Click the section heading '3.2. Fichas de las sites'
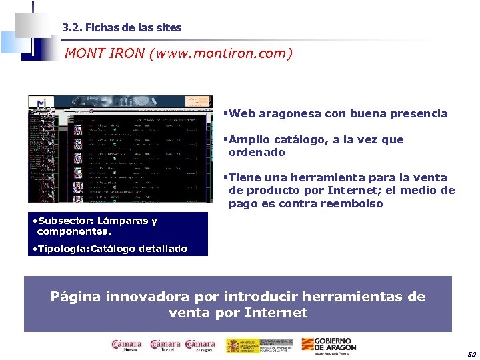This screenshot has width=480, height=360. coord(121,28)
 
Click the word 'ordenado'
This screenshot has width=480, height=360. coord(257,153)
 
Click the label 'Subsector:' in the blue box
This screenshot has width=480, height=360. coord(65,221)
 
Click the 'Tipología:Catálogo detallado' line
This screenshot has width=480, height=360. coord(111,249)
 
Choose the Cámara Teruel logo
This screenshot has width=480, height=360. coord(165,345)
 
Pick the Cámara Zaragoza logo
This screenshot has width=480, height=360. coord(201,345)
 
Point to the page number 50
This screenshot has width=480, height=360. coord(471,353)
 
